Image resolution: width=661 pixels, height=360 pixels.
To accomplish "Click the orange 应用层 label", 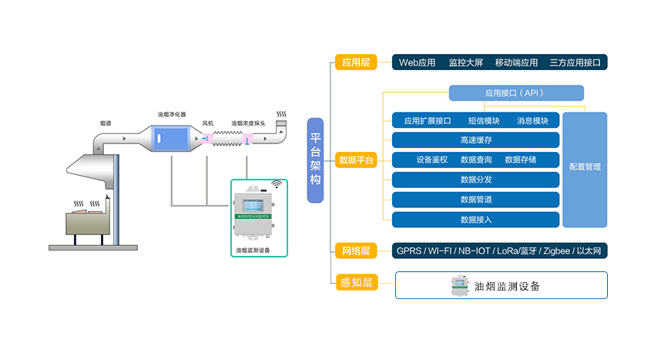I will coord(356,62).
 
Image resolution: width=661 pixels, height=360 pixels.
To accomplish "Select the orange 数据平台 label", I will coord(356,160).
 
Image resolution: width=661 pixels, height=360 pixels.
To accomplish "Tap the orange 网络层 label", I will coord(356,251).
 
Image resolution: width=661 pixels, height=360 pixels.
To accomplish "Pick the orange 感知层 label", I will coord(356,283).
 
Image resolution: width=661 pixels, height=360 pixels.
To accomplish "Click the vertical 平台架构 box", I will coord(315,160).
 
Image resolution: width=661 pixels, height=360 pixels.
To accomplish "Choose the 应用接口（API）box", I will coord(516,93).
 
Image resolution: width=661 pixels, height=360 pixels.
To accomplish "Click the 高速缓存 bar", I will coord(475,140).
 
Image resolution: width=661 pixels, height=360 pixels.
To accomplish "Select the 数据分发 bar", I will coord(475,180).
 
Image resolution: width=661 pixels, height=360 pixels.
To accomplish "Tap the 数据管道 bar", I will coord(475,200).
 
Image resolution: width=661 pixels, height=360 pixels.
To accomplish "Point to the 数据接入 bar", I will coord(475,220).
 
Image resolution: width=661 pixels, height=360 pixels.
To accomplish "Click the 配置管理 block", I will coord(585,167).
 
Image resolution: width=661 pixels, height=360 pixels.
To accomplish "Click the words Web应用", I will coord(417,62).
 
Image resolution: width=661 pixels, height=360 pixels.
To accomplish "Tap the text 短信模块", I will coord(483,120).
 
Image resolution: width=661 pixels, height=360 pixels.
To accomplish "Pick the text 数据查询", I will coord(476,160).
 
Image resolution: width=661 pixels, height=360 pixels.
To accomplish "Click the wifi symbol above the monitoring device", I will coord(276,185).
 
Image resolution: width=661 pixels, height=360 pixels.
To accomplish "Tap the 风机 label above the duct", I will coord(208,123).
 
